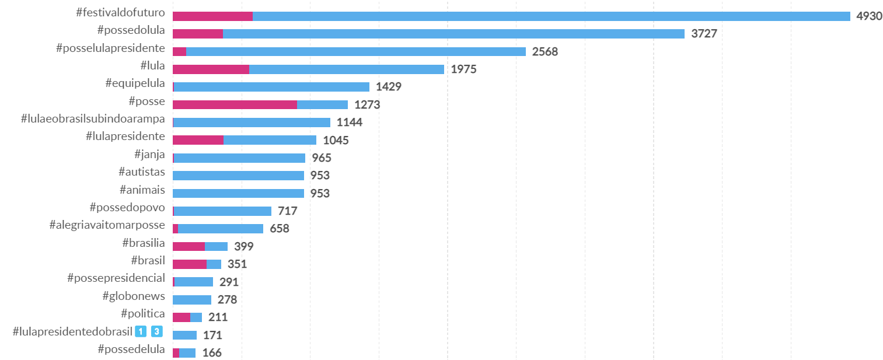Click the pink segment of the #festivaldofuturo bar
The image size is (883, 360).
pyautogui.click(x=212, y=16)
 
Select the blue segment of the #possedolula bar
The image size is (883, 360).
pyautogui.click(x=453, y=34)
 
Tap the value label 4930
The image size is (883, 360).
pyautogui.click(x=869, y=16)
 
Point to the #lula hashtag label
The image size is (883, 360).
pyautogui.click(x=152, y=66)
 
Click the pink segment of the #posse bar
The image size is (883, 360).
pyautogui.click(x=235, y=104)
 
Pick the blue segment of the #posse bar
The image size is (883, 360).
pyautogui.click(x=322, y=104)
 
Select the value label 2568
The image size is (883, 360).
pyautogui.click(x=545, y=51)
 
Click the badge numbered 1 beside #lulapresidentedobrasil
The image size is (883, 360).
pyautogui.click(x=141, y=332)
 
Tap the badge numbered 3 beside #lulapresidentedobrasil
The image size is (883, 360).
pyautogui.click(x=156, y=332)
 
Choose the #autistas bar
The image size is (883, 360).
pyautogui.click(x=238, y=176)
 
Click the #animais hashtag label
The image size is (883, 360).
pyautogui.click(x=142, y=190)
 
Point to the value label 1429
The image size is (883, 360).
pyautogui.click(x=389, y=87)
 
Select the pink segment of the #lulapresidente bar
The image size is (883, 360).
pyautogui.click(x=198, y=140)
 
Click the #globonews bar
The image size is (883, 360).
pyautogui.click(x=192, y=300)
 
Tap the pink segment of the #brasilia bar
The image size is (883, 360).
pyautogui.click(x=189, y=246)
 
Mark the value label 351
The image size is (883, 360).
pyautogui.click(x=237, y=264)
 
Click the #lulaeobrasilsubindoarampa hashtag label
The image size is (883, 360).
pyautogui.click(x=93, y=119)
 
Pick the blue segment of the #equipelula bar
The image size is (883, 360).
pyautogui.click(x=271, y=87)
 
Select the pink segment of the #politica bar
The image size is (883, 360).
pyautogui.click(x=181, y=317)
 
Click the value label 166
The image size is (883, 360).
pyautogui.click(x=212, y=353)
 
